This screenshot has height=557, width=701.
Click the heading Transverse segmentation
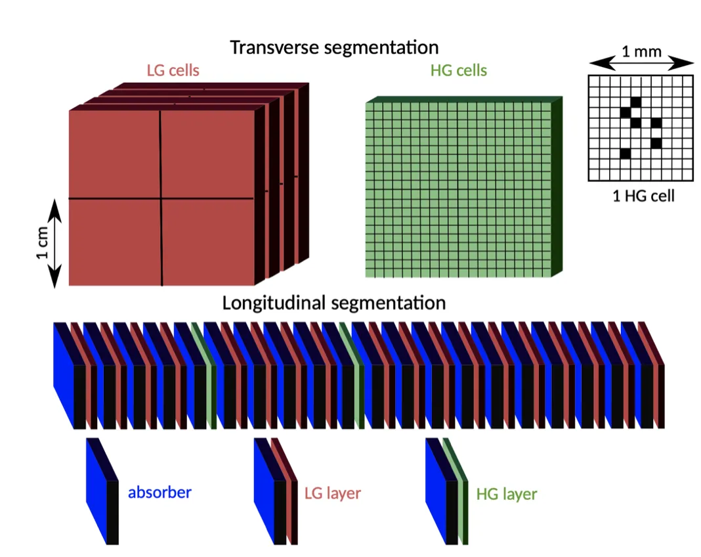[x=334, y=47]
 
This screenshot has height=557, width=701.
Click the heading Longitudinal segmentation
[x=334, y=303]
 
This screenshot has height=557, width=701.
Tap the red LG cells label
[x=173, y=70]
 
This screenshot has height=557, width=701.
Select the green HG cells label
[x=459, y=70]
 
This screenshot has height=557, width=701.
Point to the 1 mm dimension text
[x=641, y=52]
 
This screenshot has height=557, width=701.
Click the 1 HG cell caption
[x=643, y=196]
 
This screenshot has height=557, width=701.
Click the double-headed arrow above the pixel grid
[x=641, y=64]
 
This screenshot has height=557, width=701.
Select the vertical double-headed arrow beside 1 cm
[x=54, y=244]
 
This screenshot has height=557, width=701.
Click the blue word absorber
[x=159, y=492]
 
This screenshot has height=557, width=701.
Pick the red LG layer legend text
[x=333, y=493]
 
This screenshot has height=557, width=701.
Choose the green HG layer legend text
[x=507, y=494]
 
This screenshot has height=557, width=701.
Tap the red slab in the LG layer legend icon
[x=285, y=491]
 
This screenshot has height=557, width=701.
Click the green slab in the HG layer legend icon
[x=456, y=491]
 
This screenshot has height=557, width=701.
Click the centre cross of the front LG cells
[x=161, y=198]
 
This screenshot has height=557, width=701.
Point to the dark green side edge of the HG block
[x=557, y=187]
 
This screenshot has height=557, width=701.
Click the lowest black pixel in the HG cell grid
[x=625, y=154]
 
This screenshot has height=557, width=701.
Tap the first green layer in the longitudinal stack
[x=204, y=375]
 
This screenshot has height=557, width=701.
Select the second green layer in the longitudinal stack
[x=352, y=375]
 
